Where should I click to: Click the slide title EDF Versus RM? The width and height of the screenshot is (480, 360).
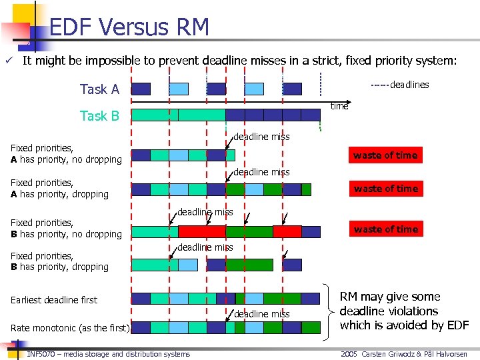(129, 27)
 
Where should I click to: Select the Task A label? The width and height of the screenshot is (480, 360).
(99, 89)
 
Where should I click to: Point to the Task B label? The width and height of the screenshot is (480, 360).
(99, 116)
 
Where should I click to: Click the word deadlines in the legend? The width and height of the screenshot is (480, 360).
(409, 85)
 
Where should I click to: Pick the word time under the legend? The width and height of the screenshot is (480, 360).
(339, 106)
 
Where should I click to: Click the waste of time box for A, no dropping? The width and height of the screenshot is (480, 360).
(385, 155)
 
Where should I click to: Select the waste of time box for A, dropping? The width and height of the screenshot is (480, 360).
(385, 189)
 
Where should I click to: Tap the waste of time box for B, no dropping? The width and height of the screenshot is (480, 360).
(385, 229)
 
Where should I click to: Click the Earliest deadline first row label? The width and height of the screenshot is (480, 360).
(54, 300)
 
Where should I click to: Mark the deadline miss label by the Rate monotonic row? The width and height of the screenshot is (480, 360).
(261, 314)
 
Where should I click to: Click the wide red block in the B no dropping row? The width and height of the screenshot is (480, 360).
(202, 231)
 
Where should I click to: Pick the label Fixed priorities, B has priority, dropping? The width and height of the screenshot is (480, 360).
(60, 261)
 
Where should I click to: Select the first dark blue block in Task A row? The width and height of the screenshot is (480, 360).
(141, 89)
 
